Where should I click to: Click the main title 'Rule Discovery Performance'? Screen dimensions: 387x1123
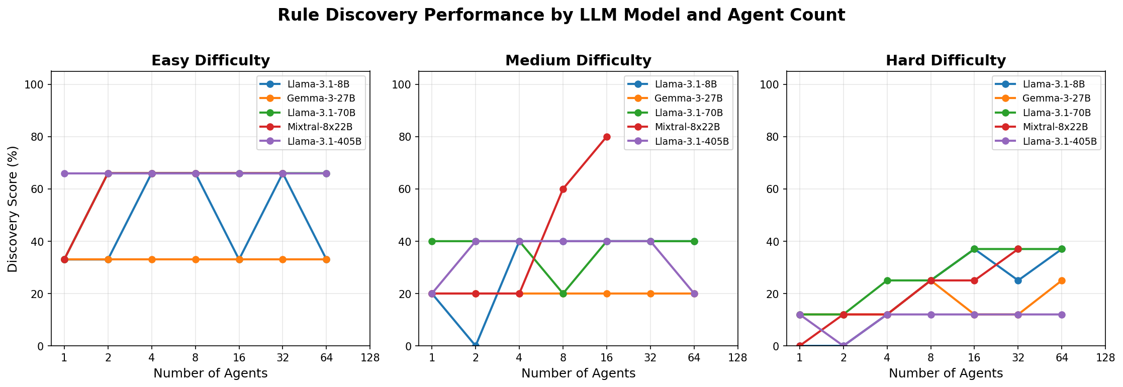561,15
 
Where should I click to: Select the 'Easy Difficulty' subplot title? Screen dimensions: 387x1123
211,61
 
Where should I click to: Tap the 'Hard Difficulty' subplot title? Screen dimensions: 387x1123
946,61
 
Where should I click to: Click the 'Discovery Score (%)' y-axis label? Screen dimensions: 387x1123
13,209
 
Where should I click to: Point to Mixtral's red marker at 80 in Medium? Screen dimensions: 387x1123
607,137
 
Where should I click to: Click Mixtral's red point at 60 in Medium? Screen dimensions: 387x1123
563,189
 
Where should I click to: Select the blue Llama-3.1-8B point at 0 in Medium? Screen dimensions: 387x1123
476,345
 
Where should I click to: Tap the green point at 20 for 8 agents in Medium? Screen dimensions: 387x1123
563,294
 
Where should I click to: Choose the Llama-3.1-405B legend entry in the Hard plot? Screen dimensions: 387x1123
1060,141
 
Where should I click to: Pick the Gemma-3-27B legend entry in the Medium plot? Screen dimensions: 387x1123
688,98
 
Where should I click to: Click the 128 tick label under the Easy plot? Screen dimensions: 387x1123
370,358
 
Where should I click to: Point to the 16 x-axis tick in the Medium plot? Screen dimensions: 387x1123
607,358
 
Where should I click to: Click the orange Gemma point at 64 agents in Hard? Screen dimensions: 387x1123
1062,280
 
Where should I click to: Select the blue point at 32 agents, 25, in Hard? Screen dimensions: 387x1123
1018,280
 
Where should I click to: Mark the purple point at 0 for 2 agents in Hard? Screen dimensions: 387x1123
844,346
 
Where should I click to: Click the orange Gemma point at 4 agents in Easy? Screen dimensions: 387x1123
152,259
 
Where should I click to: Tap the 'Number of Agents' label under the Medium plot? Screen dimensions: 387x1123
578,373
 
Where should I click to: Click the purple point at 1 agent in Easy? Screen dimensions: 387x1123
64,173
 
